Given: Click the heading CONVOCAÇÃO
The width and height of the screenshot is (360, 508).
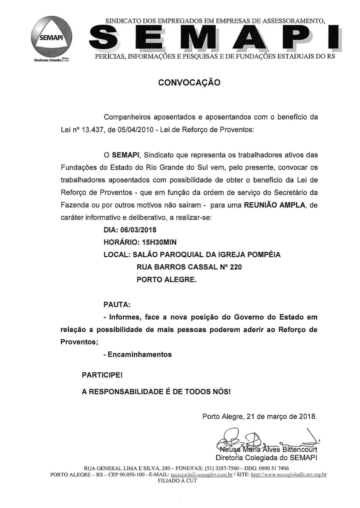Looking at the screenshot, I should click(x=189, y=82).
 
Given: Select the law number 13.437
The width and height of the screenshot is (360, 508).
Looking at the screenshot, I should click(x=94, y=130).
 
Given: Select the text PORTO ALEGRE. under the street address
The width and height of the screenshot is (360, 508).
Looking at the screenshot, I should click(x=167, y=280).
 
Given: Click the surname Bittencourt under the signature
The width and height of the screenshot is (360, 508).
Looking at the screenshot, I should click(x=298, y=449).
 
